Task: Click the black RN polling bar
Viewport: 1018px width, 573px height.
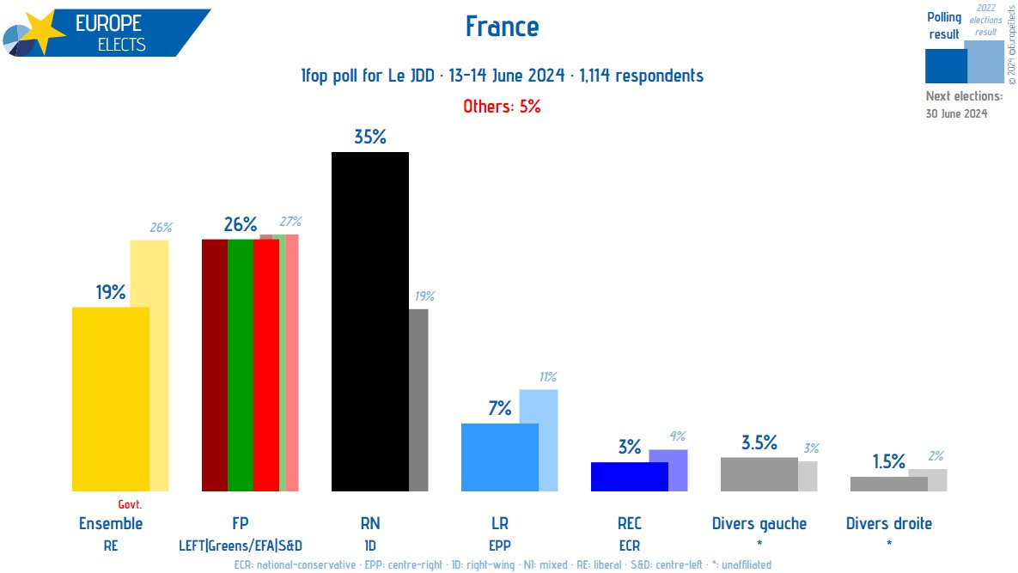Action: (x=369, y=321)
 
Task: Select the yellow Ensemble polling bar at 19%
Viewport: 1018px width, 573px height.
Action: (x=110, y=399)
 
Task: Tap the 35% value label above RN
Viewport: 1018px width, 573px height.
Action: (x=369, y=137)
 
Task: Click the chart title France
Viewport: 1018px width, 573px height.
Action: (x=502, y=27)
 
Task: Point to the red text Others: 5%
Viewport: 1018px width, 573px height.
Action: (x=502, y=107)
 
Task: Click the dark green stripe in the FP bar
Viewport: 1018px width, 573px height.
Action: (x=241, y=365)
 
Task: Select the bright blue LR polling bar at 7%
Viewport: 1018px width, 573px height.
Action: (x=499, y=457)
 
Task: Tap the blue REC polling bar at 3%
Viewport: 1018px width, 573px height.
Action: (x=629, y=477)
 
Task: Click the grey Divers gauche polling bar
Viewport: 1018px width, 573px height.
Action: (x=759, y=474)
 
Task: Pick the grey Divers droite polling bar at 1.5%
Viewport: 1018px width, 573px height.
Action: (x=888, y=484)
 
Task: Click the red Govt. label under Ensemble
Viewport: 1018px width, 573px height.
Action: (x=130, y=504)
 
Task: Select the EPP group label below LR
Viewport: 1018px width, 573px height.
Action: (x=499, y=545)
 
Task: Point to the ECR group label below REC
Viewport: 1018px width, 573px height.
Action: (x=629, y=545)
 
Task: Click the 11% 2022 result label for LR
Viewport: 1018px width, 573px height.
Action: (x=547, y=377)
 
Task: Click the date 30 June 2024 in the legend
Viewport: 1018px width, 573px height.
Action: (x=956, y=113)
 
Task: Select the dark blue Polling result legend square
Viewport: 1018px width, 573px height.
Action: (x=945, y=65)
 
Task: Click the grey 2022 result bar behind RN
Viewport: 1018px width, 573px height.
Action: (x=418, y=399)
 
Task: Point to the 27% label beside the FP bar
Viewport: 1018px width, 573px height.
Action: (x=290, y=222)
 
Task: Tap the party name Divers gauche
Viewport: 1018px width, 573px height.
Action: (x=759, y=523)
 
